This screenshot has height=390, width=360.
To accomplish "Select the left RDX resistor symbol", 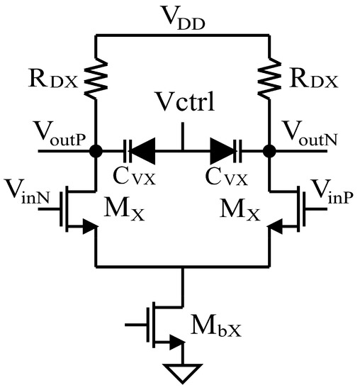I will (x=94, y=75).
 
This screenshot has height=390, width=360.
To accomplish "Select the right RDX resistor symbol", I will (x=270, y=75).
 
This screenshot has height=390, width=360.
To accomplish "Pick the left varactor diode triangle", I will (x=145, y=150).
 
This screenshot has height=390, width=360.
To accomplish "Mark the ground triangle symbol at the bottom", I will (x=182, y=371).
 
